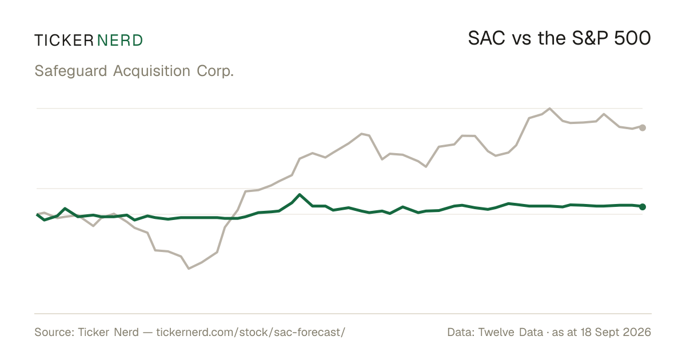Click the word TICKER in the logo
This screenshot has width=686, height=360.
pos(64,41)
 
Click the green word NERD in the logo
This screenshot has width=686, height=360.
pos(119,41)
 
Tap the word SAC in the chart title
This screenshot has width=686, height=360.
pos(486,38)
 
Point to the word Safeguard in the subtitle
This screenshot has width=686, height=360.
pos(71,71)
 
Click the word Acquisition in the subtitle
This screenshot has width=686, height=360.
pos(151,71)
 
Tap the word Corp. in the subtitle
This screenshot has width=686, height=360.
pos(215,71)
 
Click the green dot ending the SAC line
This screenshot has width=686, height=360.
pos(643,207)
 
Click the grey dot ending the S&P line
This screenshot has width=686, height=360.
pos(643,127)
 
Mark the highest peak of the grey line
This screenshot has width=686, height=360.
pos(550,109)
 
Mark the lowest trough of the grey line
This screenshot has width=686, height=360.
pos(189,269)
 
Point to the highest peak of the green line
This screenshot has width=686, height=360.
pos(300,194)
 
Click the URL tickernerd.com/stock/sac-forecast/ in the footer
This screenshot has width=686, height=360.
pos(251,332)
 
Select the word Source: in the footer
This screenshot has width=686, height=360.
pos(54,332)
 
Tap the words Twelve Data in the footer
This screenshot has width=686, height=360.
pos(510,332)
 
